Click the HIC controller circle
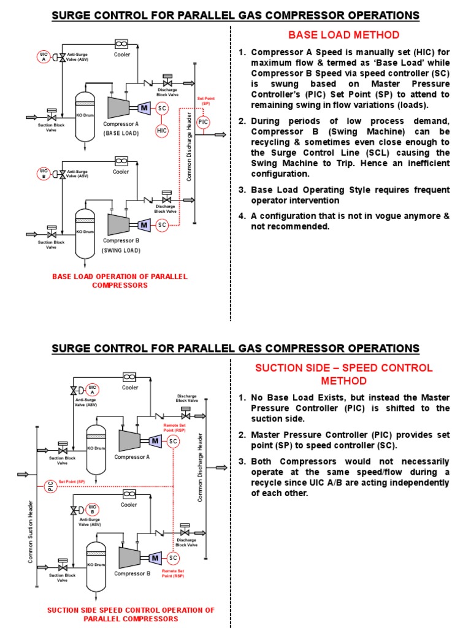162,131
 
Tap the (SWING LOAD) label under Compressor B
121,250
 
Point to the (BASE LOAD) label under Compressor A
121,132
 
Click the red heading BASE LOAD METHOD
344,35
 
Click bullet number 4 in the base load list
242,216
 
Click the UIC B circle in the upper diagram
44,173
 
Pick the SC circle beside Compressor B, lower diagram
173,557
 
